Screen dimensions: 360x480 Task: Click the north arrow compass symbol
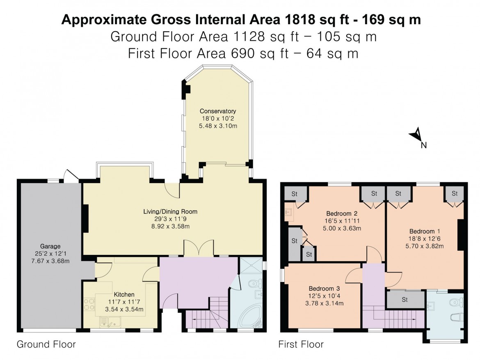(416, 135)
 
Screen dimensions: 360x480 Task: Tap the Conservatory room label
(218, 111)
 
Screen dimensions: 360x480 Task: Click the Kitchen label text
(124, 294)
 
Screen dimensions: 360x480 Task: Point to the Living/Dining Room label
(170, 212)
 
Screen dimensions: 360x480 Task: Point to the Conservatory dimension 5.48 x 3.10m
(218, 126)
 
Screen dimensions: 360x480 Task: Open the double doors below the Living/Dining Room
(198, 248)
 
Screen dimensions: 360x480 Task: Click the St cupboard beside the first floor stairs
(405, 300)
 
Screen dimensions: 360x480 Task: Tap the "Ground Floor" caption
(46, 344)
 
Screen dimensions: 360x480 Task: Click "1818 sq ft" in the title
(314, 20)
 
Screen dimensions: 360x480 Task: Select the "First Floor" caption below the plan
(301, 344)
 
